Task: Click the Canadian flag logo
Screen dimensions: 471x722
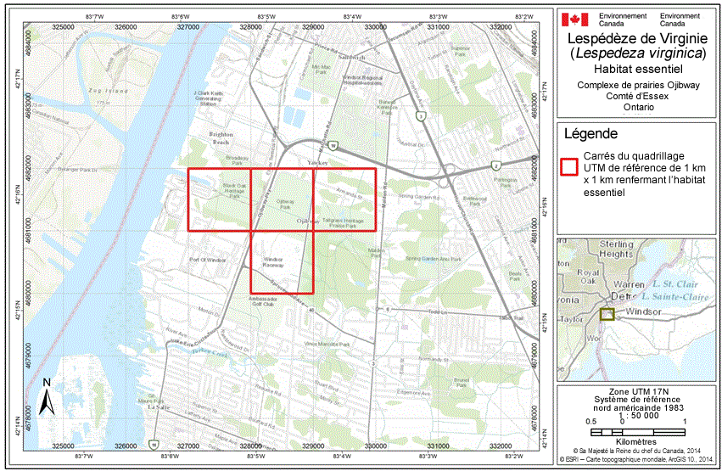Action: (575, 20)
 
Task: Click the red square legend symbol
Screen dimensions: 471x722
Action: (569, 167)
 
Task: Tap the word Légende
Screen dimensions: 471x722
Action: (590, 134)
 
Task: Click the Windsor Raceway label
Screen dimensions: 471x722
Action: (272, 261)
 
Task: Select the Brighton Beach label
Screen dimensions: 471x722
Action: (220, 139)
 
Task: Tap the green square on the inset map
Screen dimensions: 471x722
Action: (607, 314)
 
